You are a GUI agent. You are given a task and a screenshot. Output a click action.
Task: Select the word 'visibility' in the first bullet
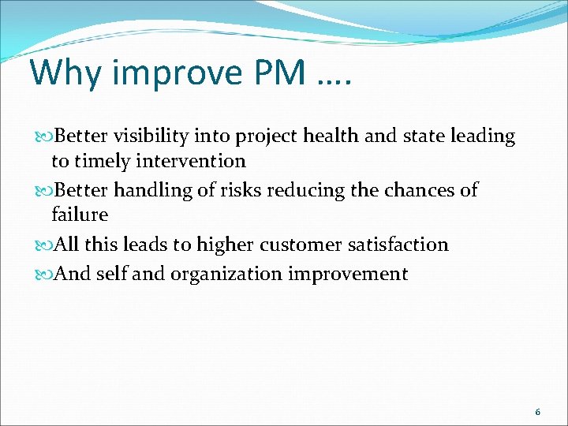[152, 136]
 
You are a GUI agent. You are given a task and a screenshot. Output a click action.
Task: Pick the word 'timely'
[103, 162]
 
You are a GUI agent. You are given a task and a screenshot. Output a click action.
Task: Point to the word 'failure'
[80, 215]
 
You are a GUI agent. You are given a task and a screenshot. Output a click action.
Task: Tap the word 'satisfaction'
[398, 245]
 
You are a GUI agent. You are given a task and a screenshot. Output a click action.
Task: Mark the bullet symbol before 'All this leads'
[45, 245]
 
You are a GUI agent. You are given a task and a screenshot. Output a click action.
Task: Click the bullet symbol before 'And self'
[45, 275]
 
